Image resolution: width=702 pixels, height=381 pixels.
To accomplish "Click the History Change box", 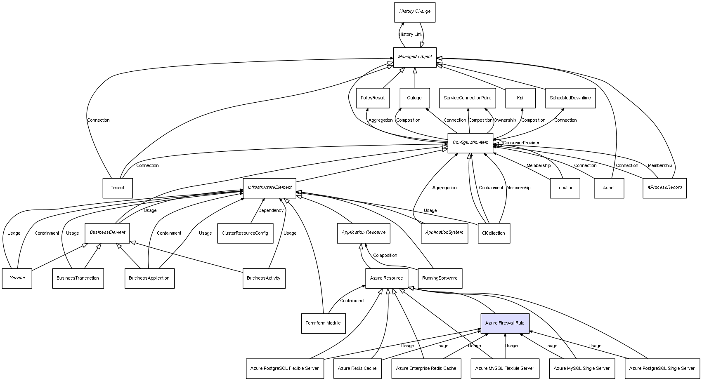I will point(415,12).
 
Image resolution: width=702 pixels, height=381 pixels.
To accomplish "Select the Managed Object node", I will point(415,57).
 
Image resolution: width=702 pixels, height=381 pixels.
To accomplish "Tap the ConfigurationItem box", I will point(470,143).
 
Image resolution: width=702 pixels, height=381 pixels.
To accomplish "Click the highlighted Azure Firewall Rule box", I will point(505,323).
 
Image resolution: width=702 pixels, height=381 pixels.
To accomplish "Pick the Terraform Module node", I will point(323,323).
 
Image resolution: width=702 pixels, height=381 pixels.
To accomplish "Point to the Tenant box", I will point(118,188).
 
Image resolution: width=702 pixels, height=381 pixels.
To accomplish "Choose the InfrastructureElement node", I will point(269,188).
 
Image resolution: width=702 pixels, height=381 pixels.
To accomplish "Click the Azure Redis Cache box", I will point(357,368).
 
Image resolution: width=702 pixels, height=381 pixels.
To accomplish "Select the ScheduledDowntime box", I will point(570,98).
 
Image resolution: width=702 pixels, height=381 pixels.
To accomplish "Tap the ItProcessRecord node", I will point(664,188).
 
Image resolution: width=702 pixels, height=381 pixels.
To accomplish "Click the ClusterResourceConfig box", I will point(245,233).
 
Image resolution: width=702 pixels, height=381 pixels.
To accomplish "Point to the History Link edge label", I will point(411,35).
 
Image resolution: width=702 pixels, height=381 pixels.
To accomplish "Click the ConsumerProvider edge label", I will point(521,143).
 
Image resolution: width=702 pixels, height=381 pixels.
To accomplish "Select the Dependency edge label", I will point(271,211).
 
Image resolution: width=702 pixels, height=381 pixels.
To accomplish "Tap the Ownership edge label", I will point(505,120).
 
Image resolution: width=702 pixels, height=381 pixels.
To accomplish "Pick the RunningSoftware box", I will point(440,278).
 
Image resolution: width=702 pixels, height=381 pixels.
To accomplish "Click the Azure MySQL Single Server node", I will point(581,368).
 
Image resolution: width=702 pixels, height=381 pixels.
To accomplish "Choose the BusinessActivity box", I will point(264,278).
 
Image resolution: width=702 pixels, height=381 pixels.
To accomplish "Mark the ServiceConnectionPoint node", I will point(467,98).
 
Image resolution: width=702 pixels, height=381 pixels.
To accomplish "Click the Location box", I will point(565,188).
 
